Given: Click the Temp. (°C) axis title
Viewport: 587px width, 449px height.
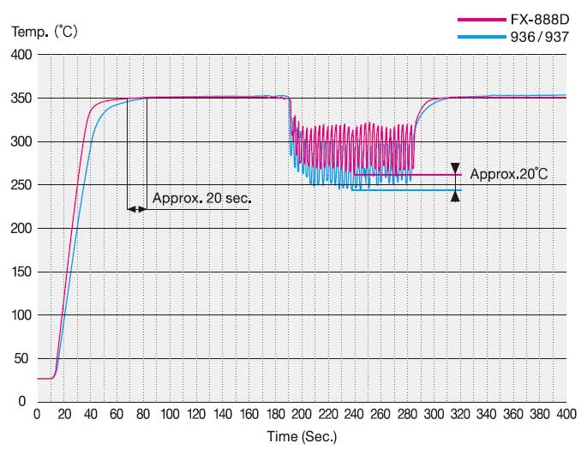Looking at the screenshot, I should point(45,31).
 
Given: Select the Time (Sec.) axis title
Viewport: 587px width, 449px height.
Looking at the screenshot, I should point(302,436).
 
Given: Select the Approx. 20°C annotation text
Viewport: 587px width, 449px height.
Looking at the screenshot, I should point(509,174).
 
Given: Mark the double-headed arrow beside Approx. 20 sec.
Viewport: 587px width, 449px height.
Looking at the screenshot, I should point(136,208).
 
